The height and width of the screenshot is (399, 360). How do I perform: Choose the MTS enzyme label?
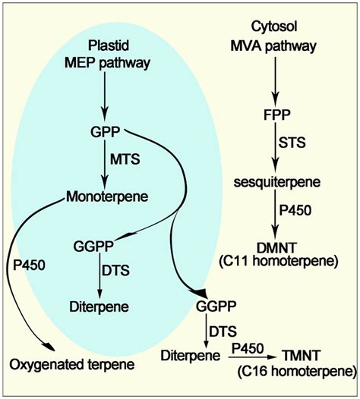click(125, 162)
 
